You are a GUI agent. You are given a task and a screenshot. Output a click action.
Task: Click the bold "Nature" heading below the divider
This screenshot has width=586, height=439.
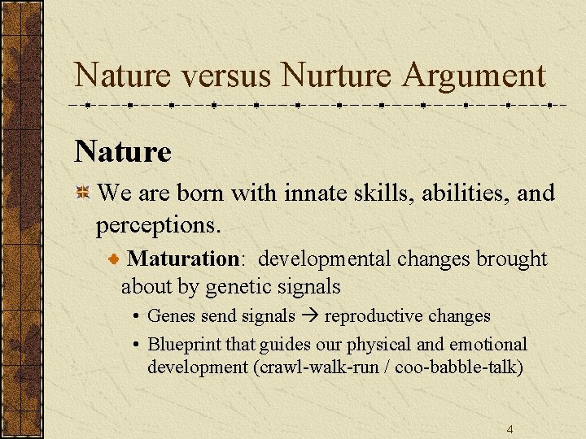(x=123, y=151)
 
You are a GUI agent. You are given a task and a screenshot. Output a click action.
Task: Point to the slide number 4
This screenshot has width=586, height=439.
(x=509, y=429)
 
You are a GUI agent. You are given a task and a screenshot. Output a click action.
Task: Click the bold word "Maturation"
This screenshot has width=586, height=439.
(x=183, y=259)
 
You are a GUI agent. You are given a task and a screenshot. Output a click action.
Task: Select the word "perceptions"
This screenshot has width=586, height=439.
(x=155, y=221)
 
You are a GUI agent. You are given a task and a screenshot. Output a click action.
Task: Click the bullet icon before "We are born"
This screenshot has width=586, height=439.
(x=82, y=193)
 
